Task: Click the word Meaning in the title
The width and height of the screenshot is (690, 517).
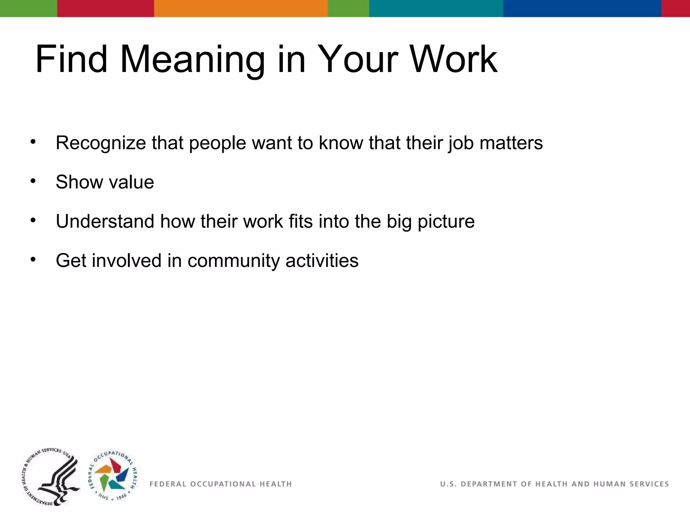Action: coord(192,60)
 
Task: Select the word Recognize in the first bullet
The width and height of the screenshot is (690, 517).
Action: coord(100,143)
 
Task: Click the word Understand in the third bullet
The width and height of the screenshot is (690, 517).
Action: coord(105,221)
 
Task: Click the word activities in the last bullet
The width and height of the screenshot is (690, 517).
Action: coord(322,261)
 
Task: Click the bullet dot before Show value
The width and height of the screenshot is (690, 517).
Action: coord(33,181)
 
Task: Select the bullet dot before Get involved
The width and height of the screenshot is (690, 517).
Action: coord(33,260)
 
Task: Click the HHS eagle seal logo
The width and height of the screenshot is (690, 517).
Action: coord(51,477)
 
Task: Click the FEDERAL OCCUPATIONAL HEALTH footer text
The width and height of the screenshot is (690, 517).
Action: coord(220,484)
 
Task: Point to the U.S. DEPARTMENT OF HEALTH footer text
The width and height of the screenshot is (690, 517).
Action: coord(554,484)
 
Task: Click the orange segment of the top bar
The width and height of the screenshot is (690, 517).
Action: coord(241,8)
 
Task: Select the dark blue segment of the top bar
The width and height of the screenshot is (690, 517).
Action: coord(582,8)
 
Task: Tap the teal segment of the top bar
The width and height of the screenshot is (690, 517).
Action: coord(436,8)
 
